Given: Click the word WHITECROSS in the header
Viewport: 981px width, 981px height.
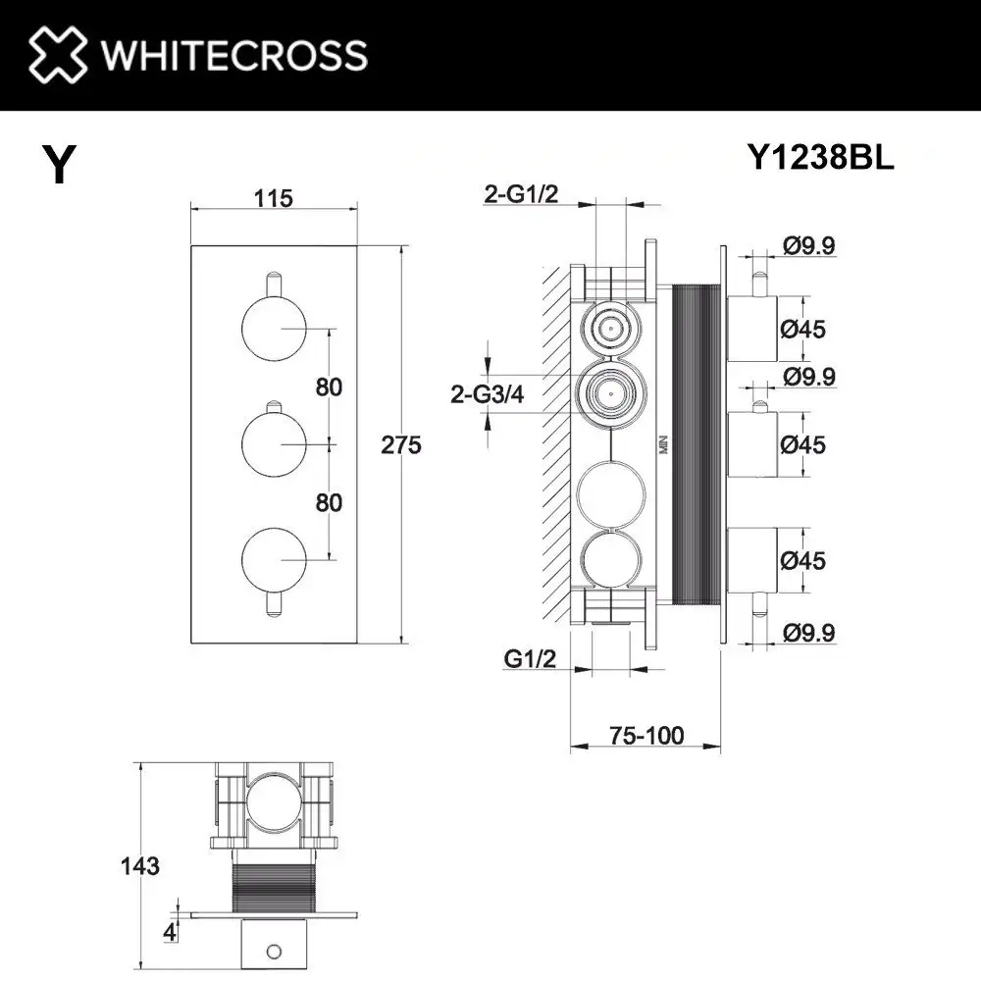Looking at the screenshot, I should pyautogui.click(x=235, y=55).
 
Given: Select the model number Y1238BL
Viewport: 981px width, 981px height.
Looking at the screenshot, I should pyautogui.click(x=820, y=157).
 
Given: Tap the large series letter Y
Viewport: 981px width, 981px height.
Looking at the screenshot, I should pyautogui.click(x=59, y=165).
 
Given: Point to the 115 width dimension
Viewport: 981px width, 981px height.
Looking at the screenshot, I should pyautogui.click(x=273, y=198).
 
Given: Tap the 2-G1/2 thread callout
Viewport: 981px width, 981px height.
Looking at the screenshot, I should pyautogui.click(x=520, y=194).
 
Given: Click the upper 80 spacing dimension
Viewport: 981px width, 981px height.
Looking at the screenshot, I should pyautogui.click(x=330, y=387).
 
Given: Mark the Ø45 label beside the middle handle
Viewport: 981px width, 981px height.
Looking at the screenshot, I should pyautogui.click(x=802, y=444).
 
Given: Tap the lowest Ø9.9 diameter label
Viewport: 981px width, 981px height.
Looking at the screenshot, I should pyautogui.click(x=809, y=634).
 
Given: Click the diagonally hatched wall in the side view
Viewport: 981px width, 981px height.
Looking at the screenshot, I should pyautogui.click(x=558, y=441).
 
